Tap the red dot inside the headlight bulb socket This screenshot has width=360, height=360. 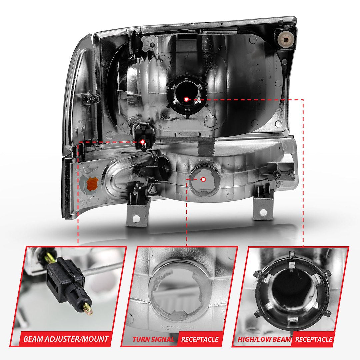(x=186, y=99)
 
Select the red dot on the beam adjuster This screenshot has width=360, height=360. (x=143, y=142)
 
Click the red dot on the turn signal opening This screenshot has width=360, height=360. (x=203, y=179)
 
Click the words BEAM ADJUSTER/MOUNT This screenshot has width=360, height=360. (x=66, y=339)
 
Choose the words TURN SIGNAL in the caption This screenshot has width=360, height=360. (x=153, y=339)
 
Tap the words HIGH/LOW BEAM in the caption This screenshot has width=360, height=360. (x=264, y=339)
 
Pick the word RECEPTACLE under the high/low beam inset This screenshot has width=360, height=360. (x=314, y=339)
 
